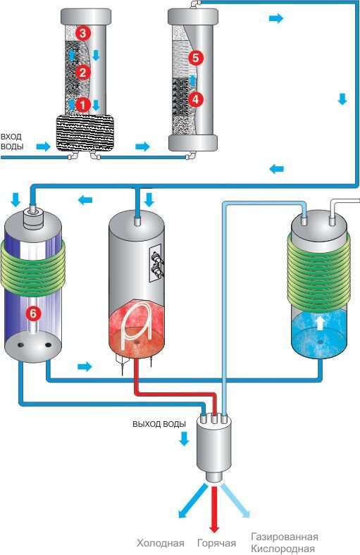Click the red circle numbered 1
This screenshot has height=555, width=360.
coord(83,105)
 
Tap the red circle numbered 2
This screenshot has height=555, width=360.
coord(83,73)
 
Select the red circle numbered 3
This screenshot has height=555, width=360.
coord(83,34)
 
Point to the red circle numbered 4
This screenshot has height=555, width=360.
coord(196,99)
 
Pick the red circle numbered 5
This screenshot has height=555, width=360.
coord(196,57)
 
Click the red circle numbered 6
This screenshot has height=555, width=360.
coord(33,313)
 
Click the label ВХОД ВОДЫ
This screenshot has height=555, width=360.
coord(12,142)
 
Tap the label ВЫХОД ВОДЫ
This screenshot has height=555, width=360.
coord(159,424)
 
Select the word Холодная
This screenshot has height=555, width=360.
coord(161,543)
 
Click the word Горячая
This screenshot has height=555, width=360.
coord(216,543)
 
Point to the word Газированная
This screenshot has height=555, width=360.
coord(284,537)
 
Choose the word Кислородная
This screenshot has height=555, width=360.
coord(283,549)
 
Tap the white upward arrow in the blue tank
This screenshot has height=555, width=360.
coord(320,323)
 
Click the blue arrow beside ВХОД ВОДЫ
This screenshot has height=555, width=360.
coord(44,146)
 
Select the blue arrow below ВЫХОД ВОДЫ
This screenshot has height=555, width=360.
coord(184,438)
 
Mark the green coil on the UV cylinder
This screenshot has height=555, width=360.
coord(33,266)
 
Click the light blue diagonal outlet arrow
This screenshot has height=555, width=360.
coord(235,501)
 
